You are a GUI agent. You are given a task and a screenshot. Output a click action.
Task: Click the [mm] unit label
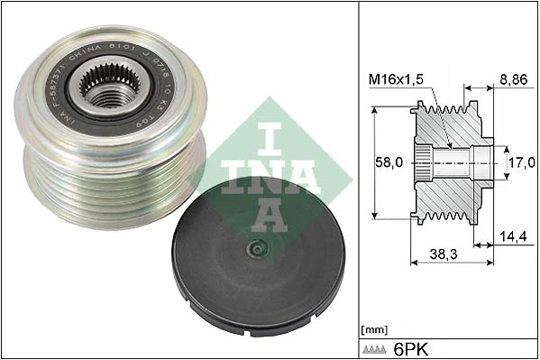coord(372,329)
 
